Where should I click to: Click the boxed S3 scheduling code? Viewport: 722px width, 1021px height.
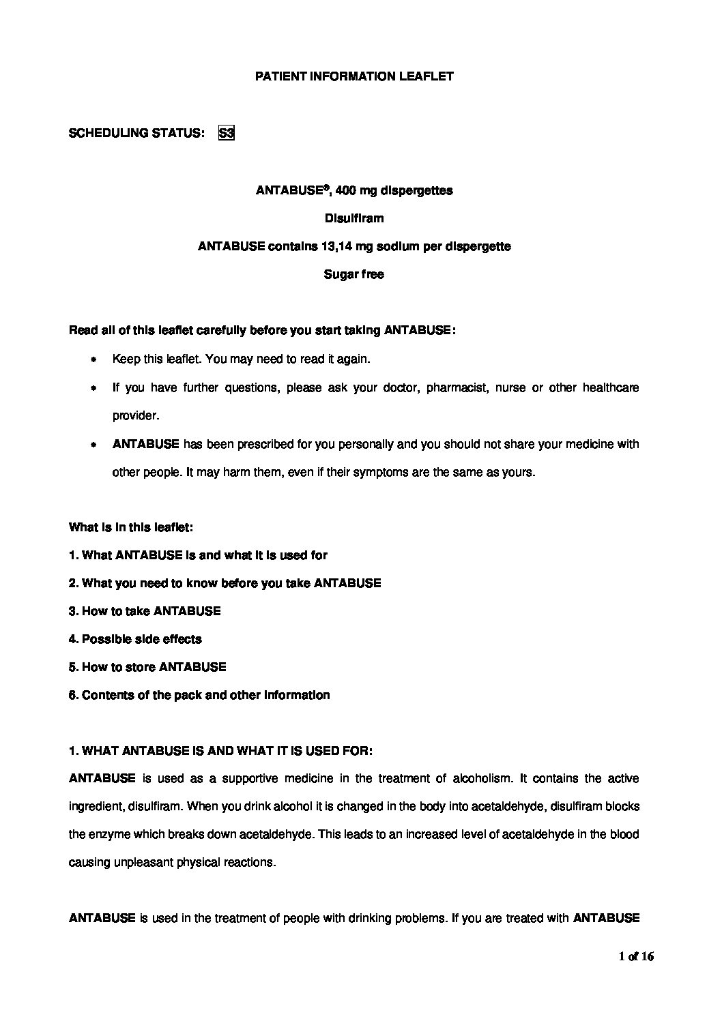[226, 133]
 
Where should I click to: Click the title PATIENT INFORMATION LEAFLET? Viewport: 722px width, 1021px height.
[354, 76]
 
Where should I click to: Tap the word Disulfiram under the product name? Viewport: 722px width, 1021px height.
[353, 218]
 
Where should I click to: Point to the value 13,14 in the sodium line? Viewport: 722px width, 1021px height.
[337, 246]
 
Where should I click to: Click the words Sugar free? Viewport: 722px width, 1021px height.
[353, 274]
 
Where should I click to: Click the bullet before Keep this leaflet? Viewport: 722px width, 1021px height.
[93, 359]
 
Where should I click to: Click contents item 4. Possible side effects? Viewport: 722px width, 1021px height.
[135, 639]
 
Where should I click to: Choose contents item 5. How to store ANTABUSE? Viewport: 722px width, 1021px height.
[147, 667]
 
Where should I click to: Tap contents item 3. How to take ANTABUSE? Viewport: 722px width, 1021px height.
[145, 611]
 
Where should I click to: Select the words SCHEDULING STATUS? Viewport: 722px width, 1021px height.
[136, 133]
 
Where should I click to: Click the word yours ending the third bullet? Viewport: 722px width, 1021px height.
[518, 472]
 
